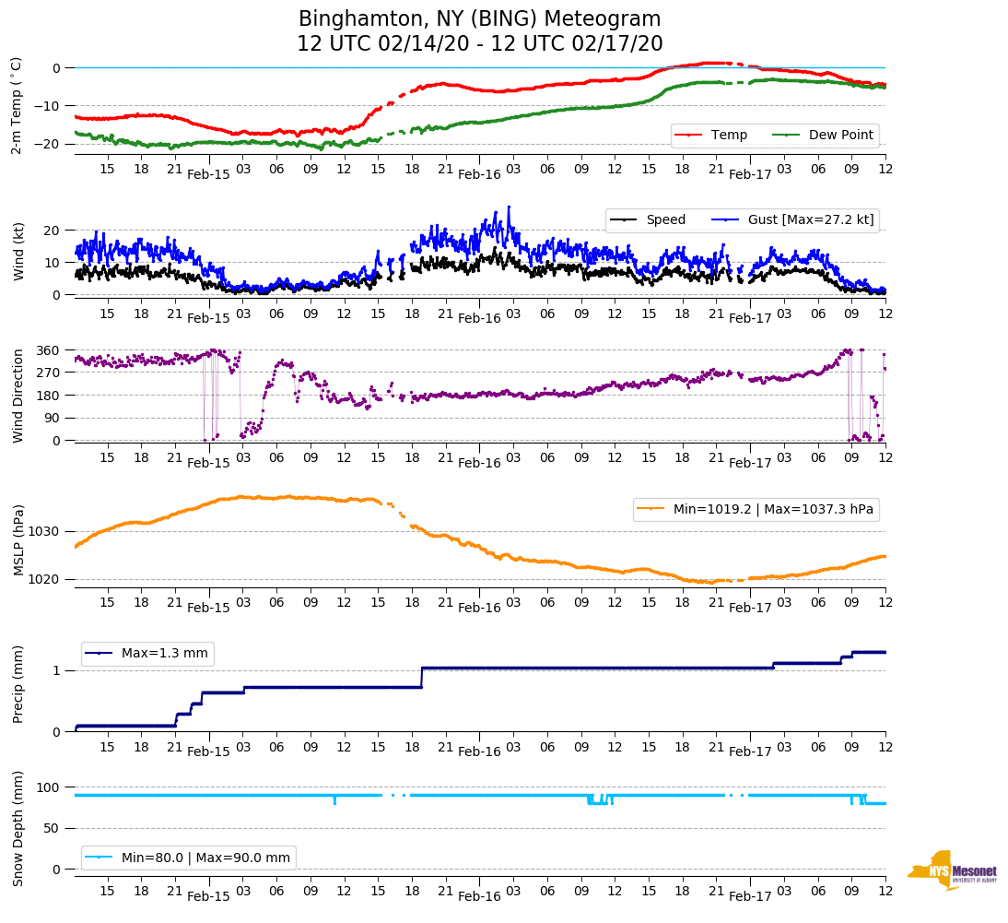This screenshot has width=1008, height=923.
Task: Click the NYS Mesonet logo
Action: pyautogui.click(x=952, y=870)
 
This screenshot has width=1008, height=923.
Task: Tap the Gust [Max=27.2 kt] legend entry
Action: pyautogui.click(x=798, y=219)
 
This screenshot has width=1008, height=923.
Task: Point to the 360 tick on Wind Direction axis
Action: pyautogui.click(x=48, y=350)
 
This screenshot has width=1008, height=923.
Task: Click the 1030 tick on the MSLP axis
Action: pyautogui.click(x=45, y=531)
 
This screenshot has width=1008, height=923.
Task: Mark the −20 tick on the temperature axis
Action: pyautogui.click(x=48, y=144)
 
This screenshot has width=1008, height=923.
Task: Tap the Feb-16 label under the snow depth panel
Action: pyautogui.click(x=479, y=896)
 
